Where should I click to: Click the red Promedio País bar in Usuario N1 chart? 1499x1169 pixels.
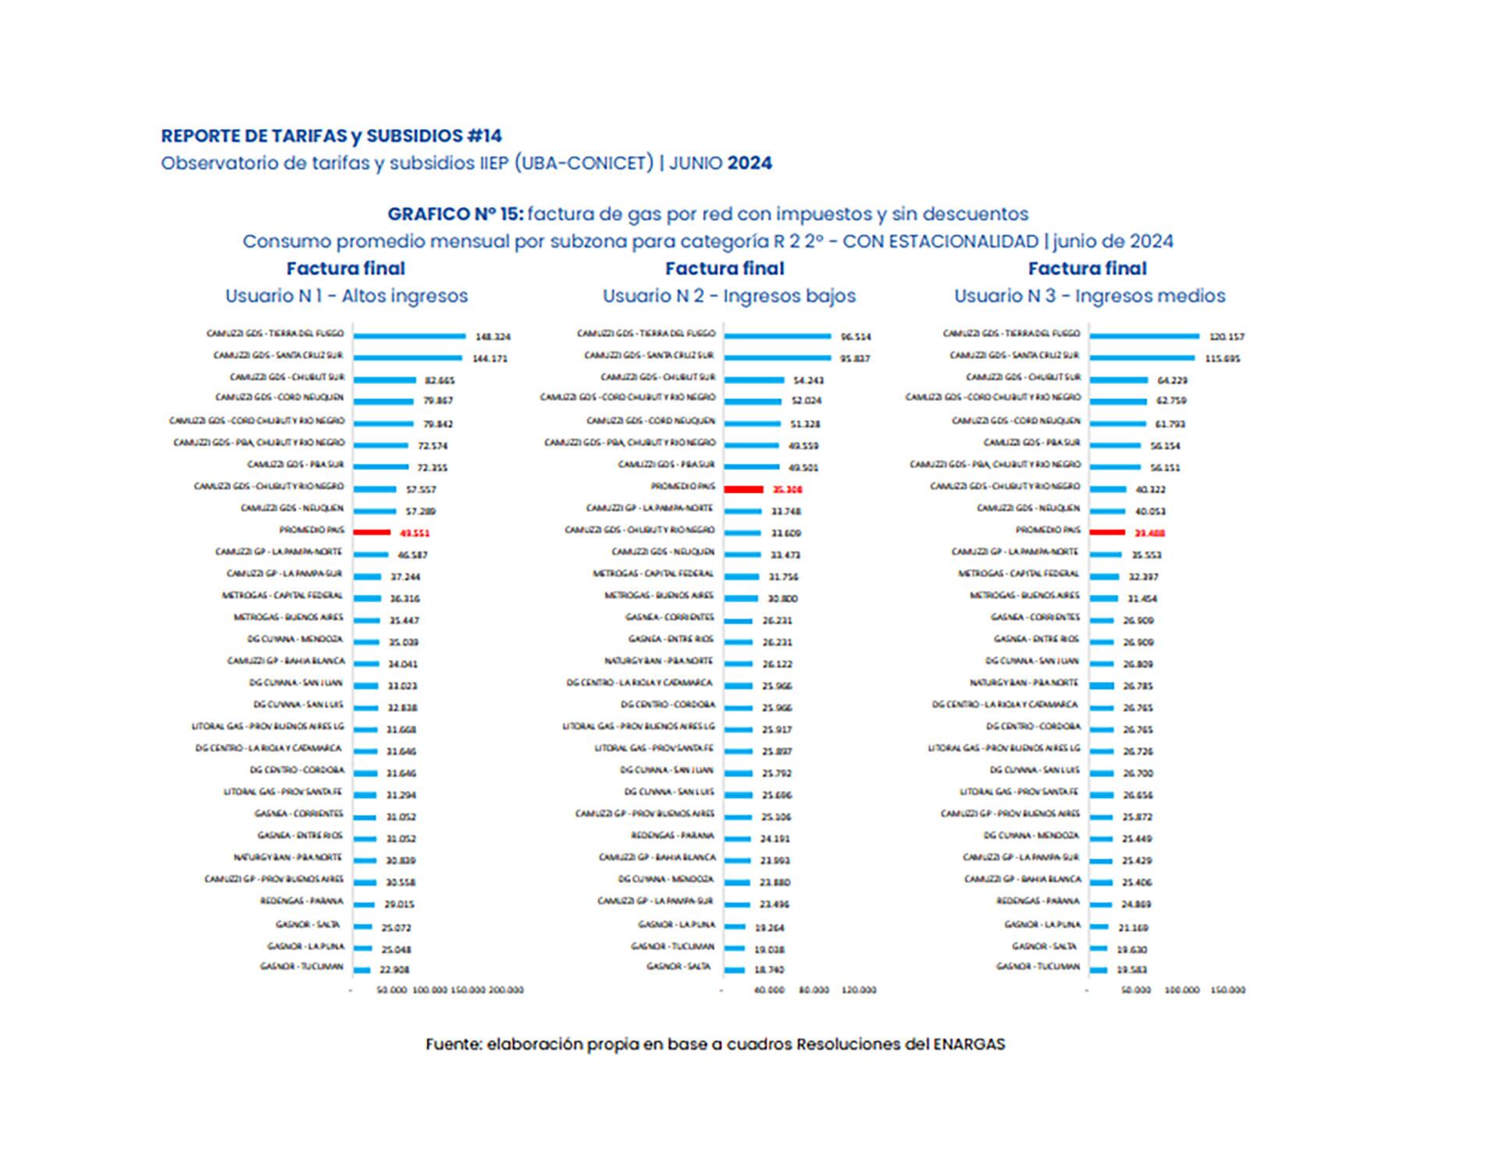[x=372, y=533]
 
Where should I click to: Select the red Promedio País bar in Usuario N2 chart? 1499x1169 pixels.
[x=742, y=489]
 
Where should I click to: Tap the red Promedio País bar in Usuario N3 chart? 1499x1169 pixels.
[x=1107, y=533]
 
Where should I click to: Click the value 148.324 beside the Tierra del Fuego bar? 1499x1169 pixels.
[x=493, y=337]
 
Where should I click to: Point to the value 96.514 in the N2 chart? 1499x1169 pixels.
[x=856, y=337]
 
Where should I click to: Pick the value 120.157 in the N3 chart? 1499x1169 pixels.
[x=1227, y=337]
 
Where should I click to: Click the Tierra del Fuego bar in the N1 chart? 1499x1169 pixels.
[x=409, y=336]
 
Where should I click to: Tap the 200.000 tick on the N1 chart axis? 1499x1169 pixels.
[x=506, y=990]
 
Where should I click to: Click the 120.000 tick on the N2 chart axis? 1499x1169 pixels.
[x=859, y=990]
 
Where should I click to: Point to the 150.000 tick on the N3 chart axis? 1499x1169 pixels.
[x=1227, y=990]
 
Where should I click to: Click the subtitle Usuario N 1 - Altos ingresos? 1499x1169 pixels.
[x=347, y=296]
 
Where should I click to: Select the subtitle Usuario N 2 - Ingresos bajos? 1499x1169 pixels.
[x=728, y=296]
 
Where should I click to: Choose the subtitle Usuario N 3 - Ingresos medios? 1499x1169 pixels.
[x=1089, y=296]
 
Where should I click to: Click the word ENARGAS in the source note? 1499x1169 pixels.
[x=969, y=1044]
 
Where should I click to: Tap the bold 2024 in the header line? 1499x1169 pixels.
[x=749, y=163]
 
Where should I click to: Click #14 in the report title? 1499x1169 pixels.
[x=484, y=136]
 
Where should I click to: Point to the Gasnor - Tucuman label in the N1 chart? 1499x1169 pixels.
[x=301, y=967]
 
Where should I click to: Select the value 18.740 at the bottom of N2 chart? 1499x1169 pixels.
[x=771, y=970]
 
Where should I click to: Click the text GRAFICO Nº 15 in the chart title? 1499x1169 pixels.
[x=455, y=214]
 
